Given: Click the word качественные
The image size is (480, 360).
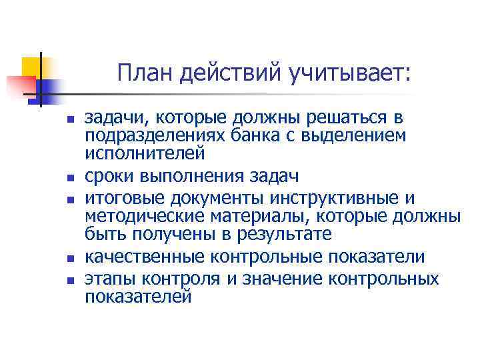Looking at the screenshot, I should [143, 257].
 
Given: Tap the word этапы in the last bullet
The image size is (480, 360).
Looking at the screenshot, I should [106, 278].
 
